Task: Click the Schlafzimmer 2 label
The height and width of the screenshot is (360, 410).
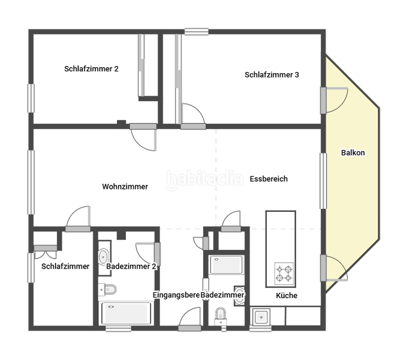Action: [91, 69]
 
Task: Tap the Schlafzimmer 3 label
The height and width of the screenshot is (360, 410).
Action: [272, 75]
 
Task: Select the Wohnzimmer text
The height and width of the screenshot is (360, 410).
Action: [125, 187]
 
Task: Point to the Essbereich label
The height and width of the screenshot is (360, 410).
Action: [269, 179]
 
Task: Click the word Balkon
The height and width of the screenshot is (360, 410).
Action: [352, 152]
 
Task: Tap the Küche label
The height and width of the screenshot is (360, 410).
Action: [287, 296]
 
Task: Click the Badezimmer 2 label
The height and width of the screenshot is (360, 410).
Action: [131, 266]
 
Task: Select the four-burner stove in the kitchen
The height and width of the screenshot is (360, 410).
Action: [284, 273]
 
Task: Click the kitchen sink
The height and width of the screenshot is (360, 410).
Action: [261, 316]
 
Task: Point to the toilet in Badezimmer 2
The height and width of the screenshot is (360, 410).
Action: [107, 289]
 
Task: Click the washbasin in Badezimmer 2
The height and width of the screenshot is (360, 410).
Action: [103, 254]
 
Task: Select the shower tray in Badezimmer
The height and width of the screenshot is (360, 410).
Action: [226, 265]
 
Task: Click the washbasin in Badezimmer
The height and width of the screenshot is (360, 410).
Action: [239, 295]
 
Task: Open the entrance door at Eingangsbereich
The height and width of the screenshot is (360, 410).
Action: [190, 319]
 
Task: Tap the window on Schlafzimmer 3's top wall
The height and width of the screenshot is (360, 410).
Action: [196, 31]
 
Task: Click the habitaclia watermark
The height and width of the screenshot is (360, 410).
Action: [204, 179]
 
